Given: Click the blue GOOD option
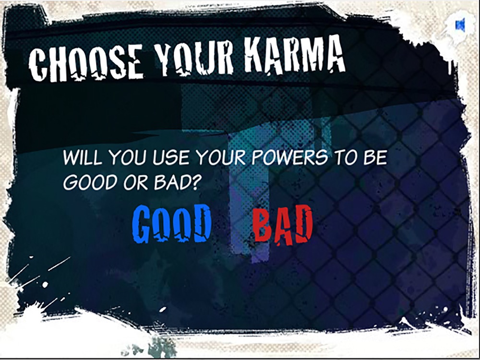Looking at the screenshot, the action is (172, 224).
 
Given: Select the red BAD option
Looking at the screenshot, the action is (283, 225).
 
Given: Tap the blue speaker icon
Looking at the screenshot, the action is (460, 25).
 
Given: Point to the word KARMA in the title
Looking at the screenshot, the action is (295, 55).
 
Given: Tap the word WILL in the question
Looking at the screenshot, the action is (82, 157).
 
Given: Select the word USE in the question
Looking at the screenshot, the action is (171, 157).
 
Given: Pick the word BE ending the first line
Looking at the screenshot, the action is (375, 157).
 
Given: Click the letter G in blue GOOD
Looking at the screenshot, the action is (142, 224).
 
